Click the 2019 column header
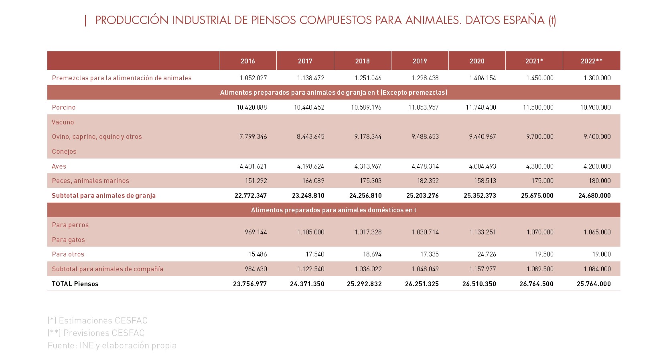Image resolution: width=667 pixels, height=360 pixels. (420, 61)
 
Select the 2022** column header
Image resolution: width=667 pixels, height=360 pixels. (591, 61)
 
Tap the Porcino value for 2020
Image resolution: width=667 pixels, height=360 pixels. (481, 107)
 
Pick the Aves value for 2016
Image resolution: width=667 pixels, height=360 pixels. (253, 166)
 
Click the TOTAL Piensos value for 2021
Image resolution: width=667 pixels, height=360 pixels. (537, 284)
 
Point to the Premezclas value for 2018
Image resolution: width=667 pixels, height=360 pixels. (368, 78)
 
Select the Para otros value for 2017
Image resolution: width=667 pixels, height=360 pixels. (315, 254)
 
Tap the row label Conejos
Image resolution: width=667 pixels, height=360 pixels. (64, 151)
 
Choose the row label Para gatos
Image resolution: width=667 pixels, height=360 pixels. (68, 240)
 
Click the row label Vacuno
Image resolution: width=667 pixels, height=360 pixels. (63, 122)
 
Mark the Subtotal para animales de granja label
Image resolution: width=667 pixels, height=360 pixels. (103, 195)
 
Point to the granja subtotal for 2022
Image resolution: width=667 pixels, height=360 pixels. (594, 195)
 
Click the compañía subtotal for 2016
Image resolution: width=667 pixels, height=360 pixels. (256, 269)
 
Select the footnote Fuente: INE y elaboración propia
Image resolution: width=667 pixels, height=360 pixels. (112, 346)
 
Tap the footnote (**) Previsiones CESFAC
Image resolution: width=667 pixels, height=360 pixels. (96, 333)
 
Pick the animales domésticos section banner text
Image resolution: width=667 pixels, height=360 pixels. (334, 210)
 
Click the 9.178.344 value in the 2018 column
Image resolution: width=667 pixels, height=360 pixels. (368, 137)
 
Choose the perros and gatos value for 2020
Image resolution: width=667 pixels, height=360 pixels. (483, 232)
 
